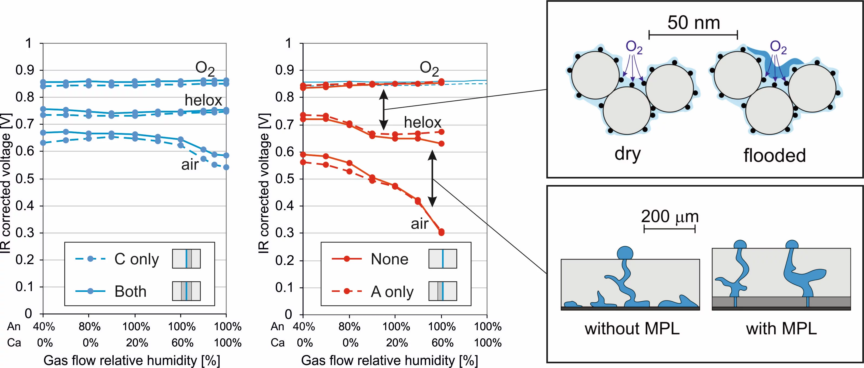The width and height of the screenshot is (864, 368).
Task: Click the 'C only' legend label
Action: (x=136, y=259)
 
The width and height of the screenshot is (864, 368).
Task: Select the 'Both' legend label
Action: (x=130, y=291)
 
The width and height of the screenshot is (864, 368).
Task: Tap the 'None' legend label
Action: (x=389, y=259)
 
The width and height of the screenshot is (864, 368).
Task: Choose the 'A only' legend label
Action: (x=392, y=292)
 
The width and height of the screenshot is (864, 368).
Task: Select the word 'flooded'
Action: (x=774, y=155)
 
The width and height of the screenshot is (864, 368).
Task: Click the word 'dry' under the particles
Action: (x=627, y=154)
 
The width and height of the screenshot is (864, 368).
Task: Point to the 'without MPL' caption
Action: (x=632, y=328)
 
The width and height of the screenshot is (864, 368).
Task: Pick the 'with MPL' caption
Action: (x=781, y=328)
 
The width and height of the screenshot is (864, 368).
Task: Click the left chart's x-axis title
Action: (x=132, y=360)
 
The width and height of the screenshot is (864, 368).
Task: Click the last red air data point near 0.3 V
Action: (x=441, y=232)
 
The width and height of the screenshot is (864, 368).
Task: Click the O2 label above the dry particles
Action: (x=634, y=47)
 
